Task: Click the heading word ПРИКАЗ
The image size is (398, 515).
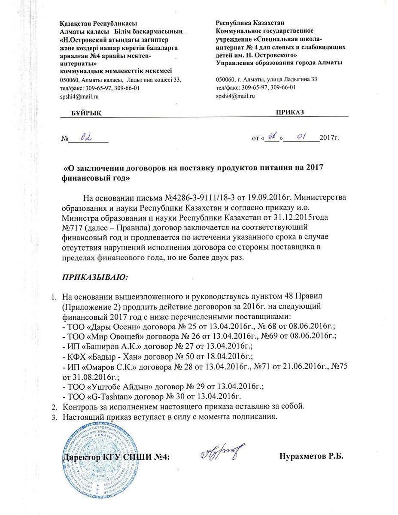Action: tap(290, 112)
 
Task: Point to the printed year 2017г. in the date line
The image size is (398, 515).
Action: tap(329, 139)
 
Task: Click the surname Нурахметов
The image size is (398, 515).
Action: tap(302, 456)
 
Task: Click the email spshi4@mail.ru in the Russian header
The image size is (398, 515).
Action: tap(236, 96)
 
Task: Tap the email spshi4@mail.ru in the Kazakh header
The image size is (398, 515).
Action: tap(80, 97)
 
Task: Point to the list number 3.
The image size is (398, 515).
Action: tap(54, 416)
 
